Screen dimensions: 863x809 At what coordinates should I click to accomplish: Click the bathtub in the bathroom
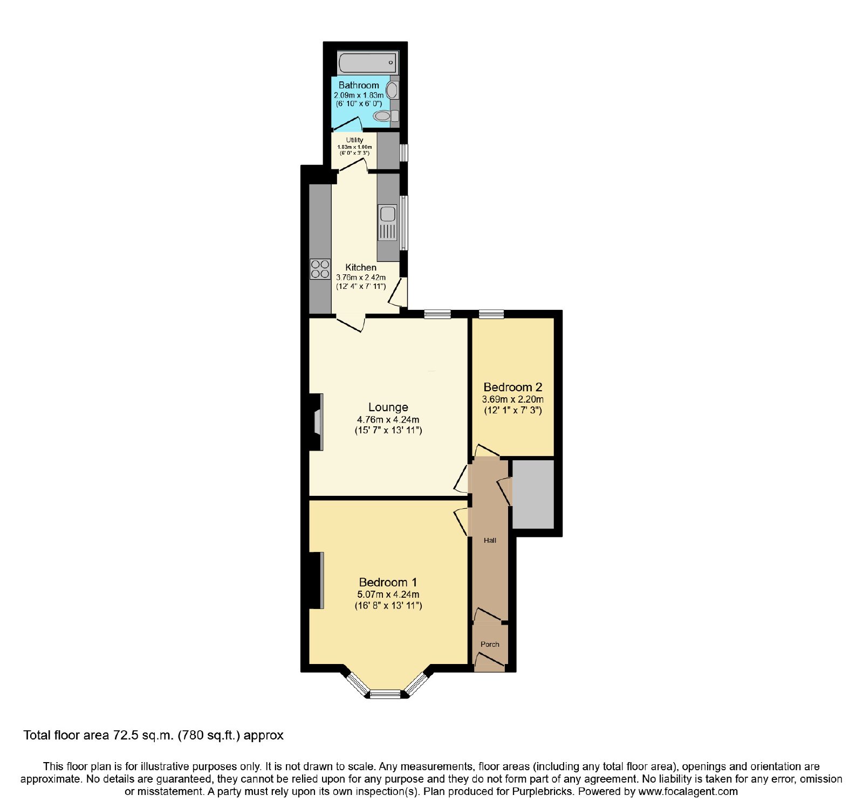click(368, 63)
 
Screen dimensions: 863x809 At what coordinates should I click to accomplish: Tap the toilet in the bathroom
click(386, 115)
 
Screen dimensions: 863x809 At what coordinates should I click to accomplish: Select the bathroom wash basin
click(393, 90)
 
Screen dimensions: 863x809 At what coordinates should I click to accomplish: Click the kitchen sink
click(388, 222)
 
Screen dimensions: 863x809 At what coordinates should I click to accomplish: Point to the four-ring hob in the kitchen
click(320, 269)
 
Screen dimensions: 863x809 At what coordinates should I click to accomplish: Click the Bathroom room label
click(359, 85)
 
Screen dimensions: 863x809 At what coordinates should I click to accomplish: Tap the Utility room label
click(354, 140)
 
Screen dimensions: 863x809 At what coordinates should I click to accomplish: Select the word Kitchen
click(361, 267)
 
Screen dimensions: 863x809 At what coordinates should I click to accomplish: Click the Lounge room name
click(388, 407)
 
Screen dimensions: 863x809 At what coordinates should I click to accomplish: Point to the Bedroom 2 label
click(512, 387)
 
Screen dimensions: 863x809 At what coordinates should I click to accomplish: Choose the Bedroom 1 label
click(388, 582)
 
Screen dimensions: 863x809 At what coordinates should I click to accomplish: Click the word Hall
click(490, 540)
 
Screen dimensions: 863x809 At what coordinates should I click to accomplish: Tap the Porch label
click(490, 644)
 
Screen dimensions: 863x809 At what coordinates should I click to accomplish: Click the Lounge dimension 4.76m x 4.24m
click(388, 420)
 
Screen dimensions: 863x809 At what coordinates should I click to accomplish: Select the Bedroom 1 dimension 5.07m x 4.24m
click(388, 594)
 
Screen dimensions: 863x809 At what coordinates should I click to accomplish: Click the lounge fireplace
click(318, 422)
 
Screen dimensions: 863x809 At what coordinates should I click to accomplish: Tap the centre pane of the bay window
click(385, 694)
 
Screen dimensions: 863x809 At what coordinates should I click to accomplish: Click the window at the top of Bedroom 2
click(491, 314)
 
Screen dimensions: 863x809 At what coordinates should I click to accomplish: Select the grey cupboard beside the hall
click(533, 494)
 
